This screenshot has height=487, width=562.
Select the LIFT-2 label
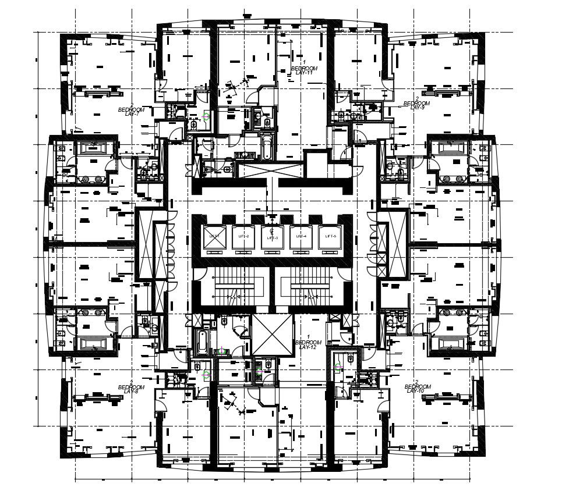243,236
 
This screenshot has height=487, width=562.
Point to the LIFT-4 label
301,236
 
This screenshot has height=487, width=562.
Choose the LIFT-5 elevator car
330,237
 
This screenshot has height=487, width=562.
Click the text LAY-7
132,113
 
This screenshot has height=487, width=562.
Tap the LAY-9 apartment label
418,108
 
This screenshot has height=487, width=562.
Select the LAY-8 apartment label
131,391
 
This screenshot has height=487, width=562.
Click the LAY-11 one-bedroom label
304,72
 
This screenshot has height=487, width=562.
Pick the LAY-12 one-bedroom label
308,347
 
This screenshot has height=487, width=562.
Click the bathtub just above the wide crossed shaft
266,148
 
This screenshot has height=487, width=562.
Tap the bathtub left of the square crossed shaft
202,342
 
